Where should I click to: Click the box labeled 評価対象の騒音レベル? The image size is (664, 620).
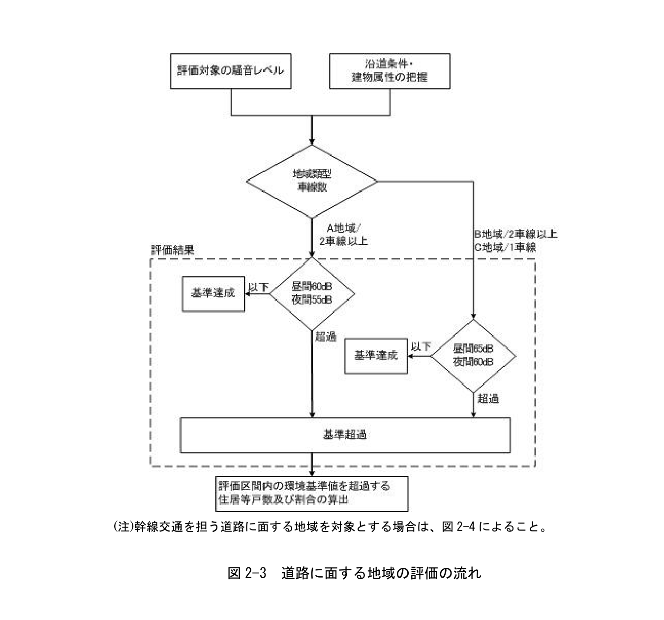[230, 71]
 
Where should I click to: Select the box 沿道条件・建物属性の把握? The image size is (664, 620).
[389, 71]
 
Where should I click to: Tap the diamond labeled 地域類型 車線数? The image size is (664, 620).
[312, 181]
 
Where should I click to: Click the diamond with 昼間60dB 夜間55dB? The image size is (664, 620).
[312, 294]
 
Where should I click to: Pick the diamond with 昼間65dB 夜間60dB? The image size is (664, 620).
[473, 355]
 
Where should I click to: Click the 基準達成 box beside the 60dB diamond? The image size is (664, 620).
[213, 294]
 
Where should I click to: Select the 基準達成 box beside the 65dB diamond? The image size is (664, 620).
[376, 356]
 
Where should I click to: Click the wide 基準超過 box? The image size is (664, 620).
[345, 435]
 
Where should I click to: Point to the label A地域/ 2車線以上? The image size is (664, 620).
[343, 235]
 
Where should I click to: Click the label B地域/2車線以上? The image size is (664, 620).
[515, 234]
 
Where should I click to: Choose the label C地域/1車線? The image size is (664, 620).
[505, 248]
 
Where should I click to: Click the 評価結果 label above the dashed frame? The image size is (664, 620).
[172, 250]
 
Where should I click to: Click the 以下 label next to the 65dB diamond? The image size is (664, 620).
[421, 347]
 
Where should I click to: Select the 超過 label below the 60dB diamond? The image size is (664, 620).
[326, 337]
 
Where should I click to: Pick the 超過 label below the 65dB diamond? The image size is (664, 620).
[488, 399]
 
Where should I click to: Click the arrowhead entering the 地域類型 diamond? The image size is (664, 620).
[312, 141]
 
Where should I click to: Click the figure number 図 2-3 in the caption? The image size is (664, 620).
[247, 573]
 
